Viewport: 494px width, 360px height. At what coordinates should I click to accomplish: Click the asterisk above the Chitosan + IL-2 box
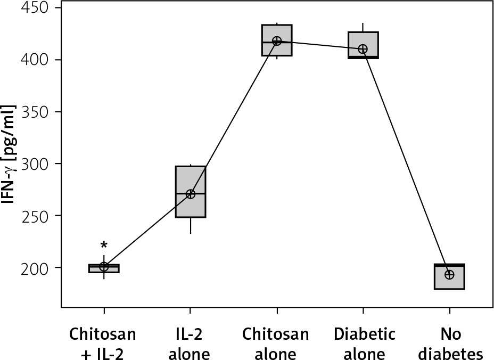[x=104, y=246]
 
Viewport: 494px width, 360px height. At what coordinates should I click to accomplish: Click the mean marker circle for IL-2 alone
[x=191, y=194]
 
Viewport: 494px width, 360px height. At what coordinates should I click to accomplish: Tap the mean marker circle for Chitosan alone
[x=277, y=41]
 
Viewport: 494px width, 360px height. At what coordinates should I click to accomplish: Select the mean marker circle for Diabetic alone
[x=363, y=49]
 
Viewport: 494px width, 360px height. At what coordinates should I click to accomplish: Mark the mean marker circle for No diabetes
[x=449, y=274]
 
